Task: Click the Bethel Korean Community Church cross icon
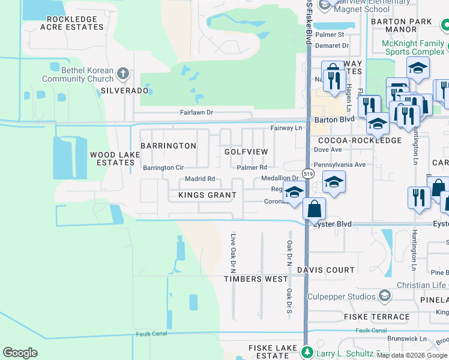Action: pyautogui.click(x=123, y=74)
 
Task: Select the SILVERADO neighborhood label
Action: pyautogui.click(x=124, y=91)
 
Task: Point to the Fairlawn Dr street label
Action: pyautogui.click(x=197, y=112)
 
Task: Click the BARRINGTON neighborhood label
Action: pyautogui.click(x=168, y=146)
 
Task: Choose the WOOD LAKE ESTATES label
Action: pyautogui.click(x=115, y=158)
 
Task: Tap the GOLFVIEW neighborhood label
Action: pyautogui.click(x=246, y=152)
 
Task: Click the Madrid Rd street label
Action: pyautogui.click(x=200, y=179)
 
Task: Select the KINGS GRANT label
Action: pyautogui.click(x=207, y=195)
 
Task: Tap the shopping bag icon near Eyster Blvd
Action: pyautogui.click(x=314, y=209)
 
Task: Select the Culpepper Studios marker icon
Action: pyautogui.click(x=385, y=296)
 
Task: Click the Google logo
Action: pyautogui.click(x=20, y=353)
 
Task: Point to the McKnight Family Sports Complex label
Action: pyautogui.click(x=415, y=47)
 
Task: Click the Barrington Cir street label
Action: pyautogui.click(x=163, y=168)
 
